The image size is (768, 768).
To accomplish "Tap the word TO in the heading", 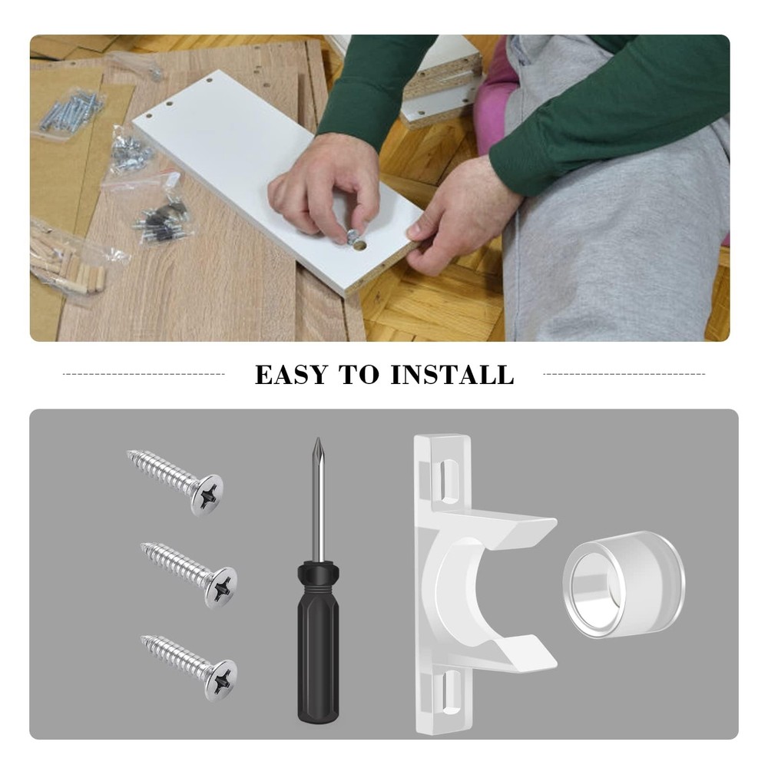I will pyautogui.click(x=361, y=375).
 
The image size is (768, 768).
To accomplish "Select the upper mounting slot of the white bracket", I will pyautogui.click(x=446, y=476).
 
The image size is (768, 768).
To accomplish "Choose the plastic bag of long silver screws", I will pyautogui.click(x=73, y=111).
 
